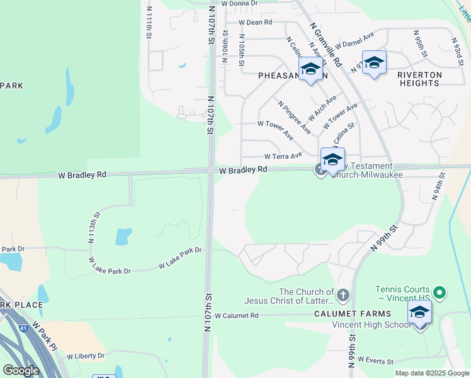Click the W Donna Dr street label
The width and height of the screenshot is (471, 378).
click(235, 3)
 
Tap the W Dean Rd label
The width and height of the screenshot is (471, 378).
click(255, 22)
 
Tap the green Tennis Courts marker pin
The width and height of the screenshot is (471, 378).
click(440, 292)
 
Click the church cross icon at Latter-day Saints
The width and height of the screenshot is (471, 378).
click(343, 294)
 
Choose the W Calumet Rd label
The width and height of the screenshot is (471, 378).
click(237, 315)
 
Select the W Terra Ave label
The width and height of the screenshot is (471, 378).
click(283, 156)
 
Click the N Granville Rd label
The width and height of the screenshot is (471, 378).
click(326, 44)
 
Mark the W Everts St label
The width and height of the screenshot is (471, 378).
click(375, 361)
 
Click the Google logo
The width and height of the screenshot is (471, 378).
click(21, 370)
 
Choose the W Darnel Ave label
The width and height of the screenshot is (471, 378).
click(355, 40)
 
